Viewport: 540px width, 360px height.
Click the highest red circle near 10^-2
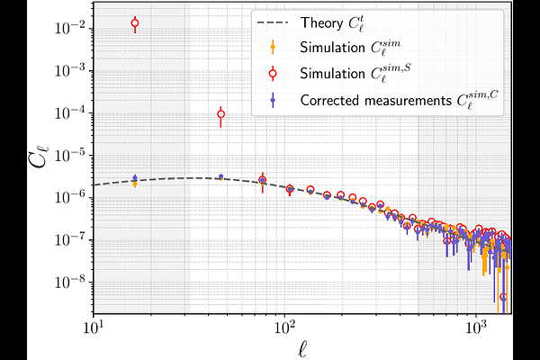135,23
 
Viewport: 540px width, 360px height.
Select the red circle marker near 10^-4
221,113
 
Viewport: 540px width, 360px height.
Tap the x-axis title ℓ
302,346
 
